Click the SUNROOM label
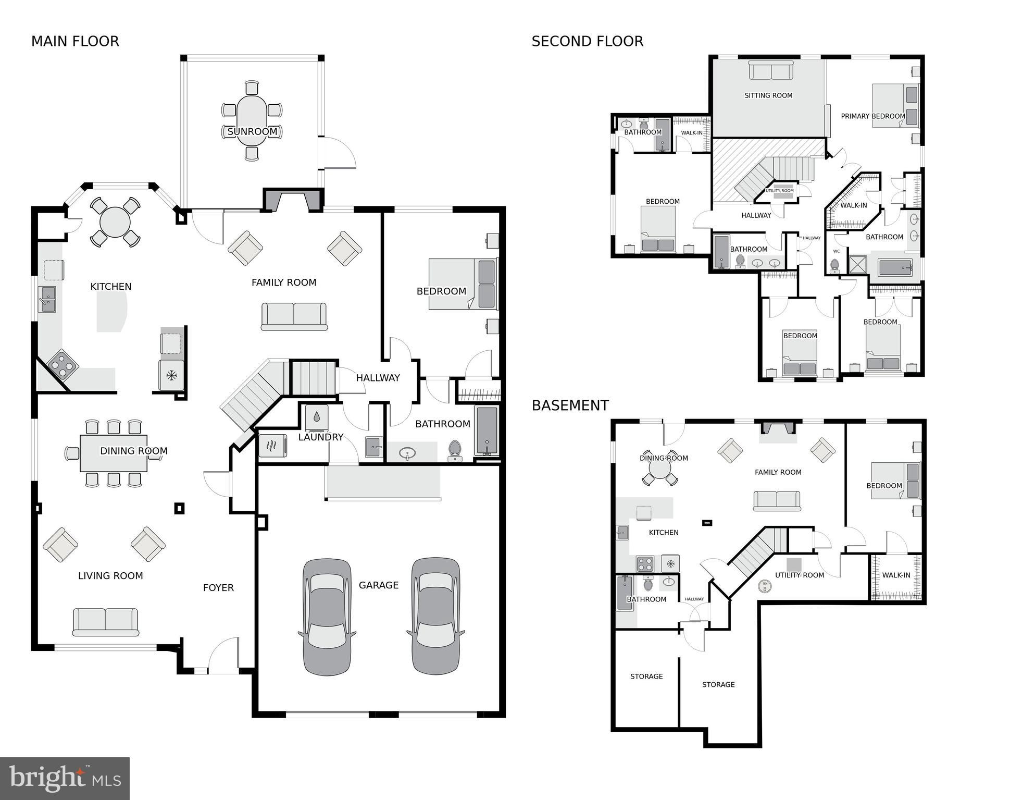[x=252, y=131]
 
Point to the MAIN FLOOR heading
[x=75, y=41]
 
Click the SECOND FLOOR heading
[x=587, y=41]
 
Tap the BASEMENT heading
[x=570, y=405]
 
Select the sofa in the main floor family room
[x=294, y=316]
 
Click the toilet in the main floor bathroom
[x=455, y=451]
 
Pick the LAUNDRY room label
[x=320, y=437]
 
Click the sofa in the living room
[x=106, y=622]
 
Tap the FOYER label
[x=218, y=588]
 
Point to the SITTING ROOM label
[x=768, y=95]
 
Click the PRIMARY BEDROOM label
[x=872, y=116]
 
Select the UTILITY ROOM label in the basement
[x=799, y=575]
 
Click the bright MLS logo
[x=65, y=778]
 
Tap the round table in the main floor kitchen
[x=115, y=223]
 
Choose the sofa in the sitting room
[x=771, y=70]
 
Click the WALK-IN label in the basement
[x=896, y=575]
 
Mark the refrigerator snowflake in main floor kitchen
[x=171, y=375]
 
